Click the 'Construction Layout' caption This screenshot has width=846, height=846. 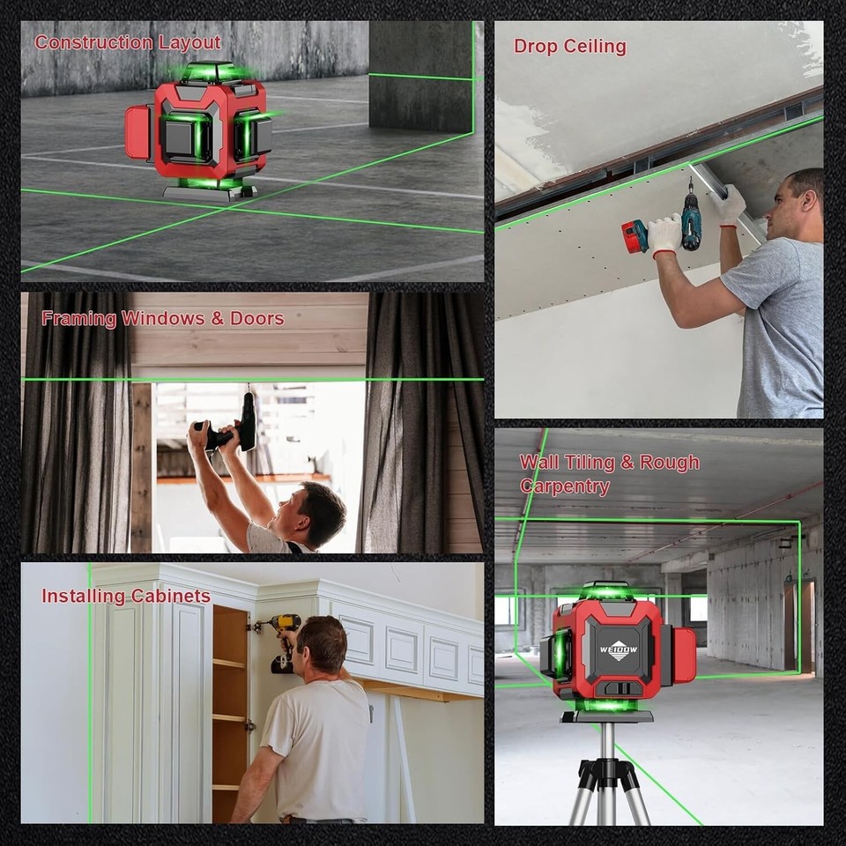point(128,42)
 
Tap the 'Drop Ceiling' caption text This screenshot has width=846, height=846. point(570,47)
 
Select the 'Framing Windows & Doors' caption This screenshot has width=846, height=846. point(163,318)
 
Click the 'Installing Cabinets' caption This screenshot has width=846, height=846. point(126,597)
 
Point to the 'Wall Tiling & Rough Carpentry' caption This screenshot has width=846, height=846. point(608,474)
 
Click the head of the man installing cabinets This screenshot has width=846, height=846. point(322,643)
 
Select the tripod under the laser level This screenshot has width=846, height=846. point(607,775)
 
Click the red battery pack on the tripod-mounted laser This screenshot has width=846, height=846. point(683,654)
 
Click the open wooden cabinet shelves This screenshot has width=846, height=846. point(229,705)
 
